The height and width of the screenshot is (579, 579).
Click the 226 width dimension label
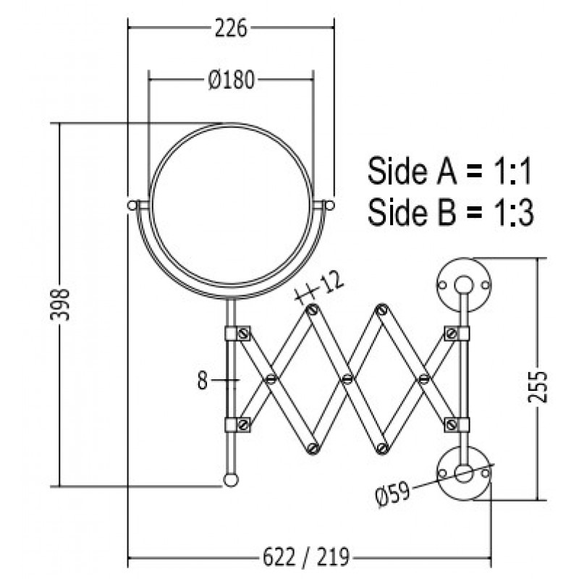coord(231,28)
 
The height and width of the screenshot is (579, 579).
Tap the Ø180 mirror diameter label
coord(232,80)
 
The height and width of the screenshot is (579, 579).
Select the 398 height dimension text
coord(59,305)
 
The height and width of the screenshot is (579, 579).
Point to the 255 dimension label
coord(537,386)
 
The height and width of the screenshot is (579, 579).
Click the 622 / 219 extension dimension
coord(305,557)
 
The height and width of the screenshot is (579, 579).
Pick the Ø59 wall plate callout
coord(392,495)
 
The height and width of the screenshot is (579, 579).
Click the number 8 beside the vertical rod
coord(203,381)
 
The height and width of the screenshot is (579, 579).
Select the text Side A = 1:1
coord(449,171)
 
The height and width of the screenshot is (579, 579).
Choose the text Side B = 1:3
coord(450,212)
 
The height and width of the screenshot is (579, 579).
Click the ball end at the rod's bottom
coord(231,480)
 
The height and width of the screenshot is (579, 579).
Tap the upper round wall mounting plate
coord(464,284)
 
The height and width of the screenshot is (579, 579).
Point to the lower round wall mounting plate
coord(464,474)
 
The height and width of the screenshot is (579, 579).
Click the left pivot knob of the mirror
coord(132,206)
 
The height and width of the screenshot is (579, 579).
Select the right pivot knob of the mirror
coord(330,206)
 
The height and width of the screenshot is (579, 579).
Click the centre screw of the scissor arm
coord(347,379)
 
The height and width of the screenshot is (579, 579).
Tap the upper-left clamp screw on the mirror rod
coord(243,334)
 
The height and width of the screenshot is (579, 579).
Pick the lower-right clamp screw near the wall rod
coord(450,425)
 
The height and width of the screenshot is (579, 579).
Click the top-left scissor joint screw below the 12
coord(313,310)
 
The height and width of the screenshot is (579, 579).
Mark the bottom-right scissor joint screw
coord(382,448)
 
